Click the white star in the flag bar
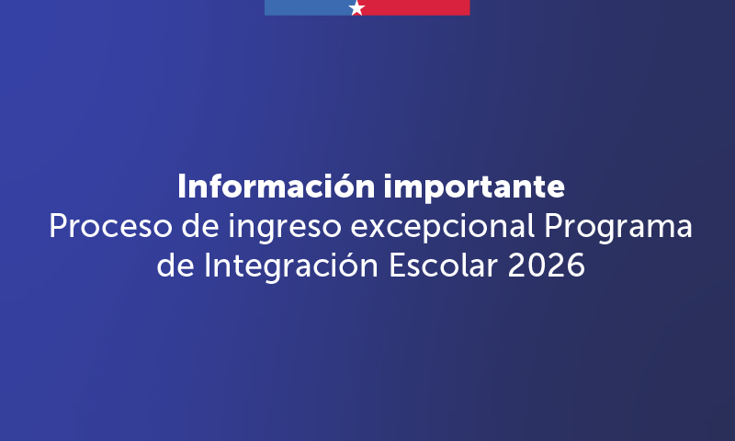[x=357, y=8]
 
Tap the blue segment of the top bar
[x=308, y=7]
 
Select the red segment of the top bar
[x=417, y=7]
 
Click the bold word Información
[x=277, y=187]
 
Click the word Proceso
[x=110, y=226]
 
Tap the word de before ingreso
[x=200, y=225]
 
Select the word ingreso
[x=285, y=228]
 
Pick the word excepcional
[x=443, y=227]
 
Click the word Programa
[x=617, y=228]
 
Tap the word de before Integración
[x=175, y=266]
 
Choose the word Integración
[x=291, y=266]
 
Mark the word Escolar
[x=443, y=266]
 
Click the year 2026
[x=546, y=266]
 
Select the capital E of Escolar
[x=398, y=266]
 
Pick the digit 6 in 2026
[x=576, y=266]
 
